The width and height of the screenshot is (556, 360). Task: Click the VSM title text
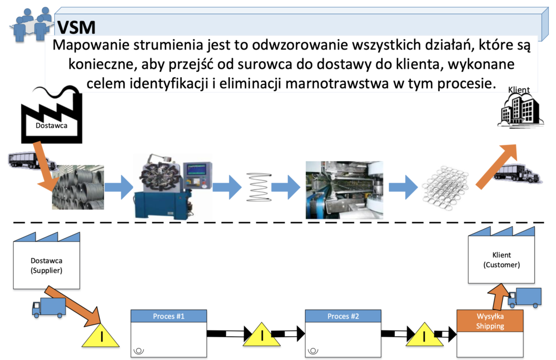click(x=76, y=27)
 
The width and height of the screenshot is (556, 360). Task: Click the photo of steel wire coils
click(x=78, y=187)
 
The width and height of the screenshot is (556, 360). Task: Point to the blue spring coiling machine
click(x=173, y=186)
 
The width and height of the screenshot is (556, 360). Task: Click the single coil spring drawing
click(x=259, y=187)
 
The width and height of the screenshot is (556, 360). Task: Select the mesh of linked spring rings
click(x=445, y=188)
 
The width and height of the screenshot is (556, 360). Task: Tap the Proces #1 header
click(x=169, y=316)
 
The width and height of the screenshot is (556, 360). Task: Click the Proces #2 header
click(x=343, y=316)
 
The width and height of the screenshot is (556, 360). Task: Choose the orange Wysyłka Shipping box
click(x=490, y=321)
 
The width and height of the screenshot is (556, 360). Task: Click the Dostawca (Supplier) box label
click(x=47, y=266)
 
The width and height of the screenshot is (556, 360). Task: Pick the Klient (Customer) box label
click(x=501, y=260)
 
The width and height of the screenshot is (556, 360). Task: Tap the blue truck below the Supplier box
click(x=49, y=307)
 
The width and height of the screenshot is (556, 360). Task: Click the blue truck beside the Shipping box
click(x=525, y=298)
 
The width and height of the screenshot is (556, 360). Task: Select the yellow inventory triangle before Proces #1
click(x=100, y=335)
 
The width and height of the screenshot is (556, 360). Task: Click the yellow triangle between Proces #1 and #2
click(x=262, y=334)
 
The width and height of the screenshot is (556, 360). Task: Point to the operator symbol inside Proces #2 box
click(x=313, y=351)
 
